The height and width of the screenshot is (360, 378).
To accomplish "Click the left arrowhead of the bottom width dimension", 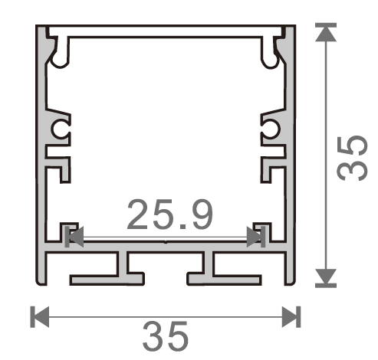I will pyautogui.click(x=39, y=315).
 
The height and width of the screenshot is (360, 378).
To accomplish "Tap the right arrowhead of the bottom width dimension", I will pyautogui.click(x=291, y=315).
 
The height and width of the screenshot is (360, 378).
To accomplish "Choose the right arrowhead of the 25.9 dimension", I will pyautogui.click(x=255, y=237).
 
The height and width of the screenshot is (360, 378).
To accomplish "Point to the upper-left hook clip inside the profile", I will pyautogui.click(x=60, y=49).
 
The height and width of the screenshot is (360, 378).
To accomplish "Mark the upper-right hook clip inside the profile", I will pyautogui.click(x=271, y=49).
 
